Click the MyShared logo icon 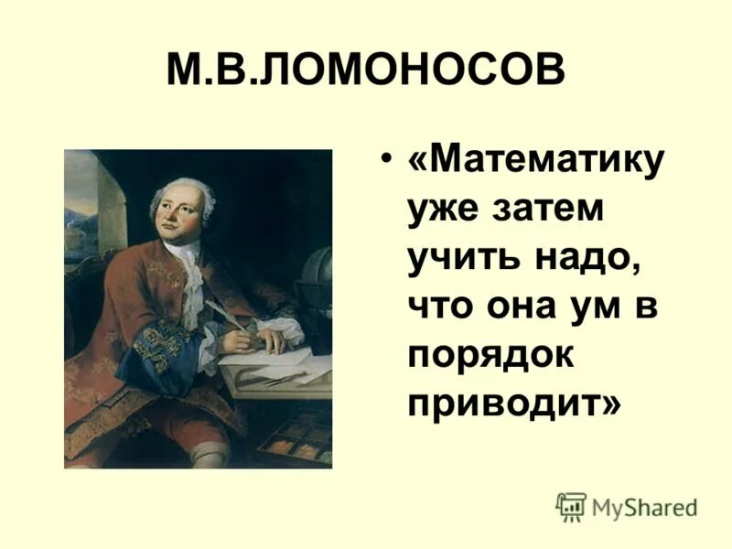(x=571, y=506)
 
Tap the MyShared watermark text (x=644, y=507)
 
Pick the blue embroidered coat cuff (x=156, y=352)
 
